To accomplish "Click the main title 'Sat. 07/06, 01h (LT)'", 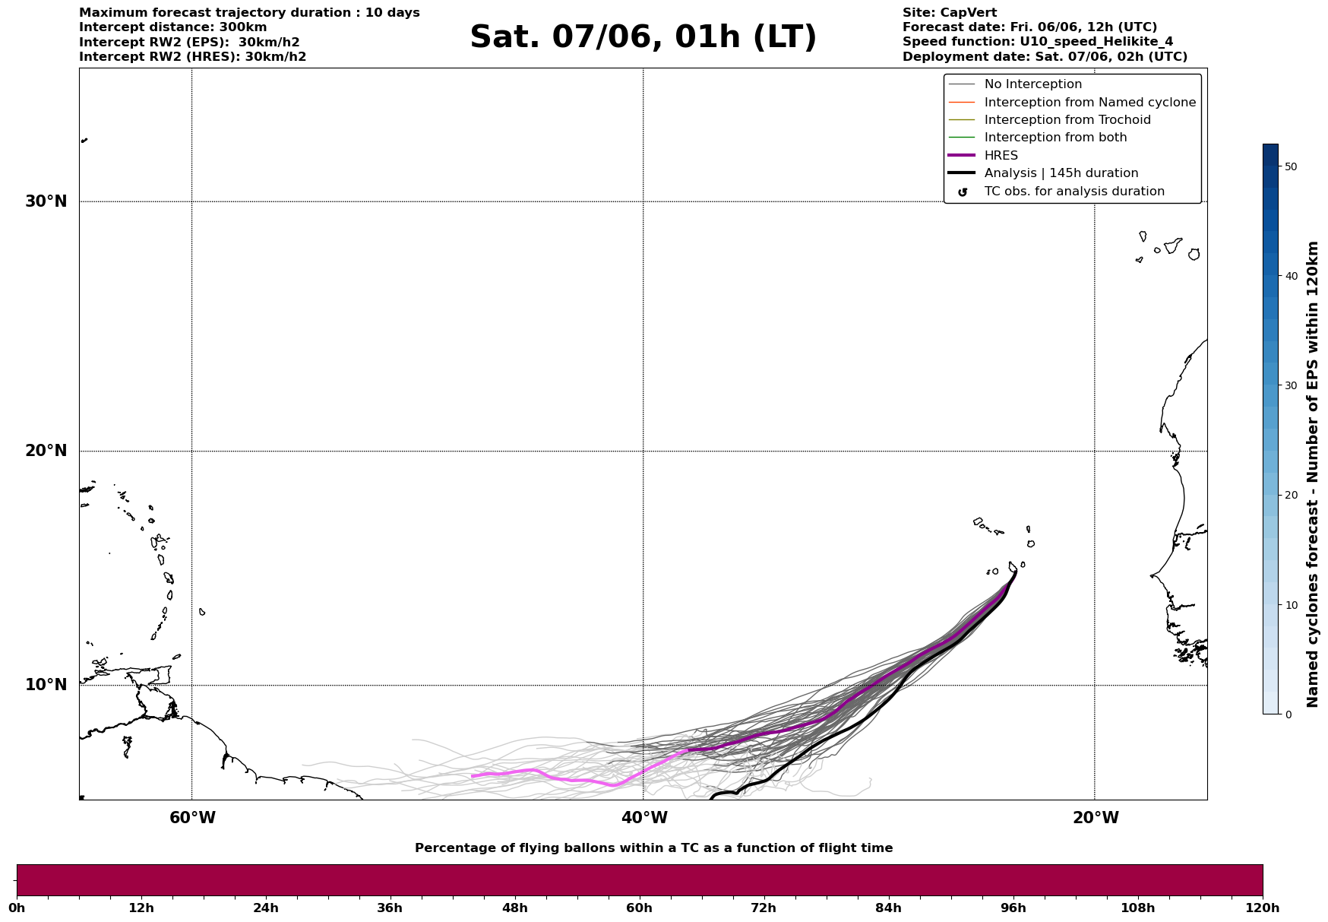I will click(643, 37).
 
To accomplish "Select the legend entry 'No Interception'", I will click(1032, 84).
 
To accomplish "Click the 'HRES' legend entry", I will click(1001, 156).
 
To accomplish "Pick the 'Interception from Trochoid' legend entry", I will click(1067, 120).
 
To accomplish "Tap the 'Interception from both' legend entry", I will click(1055, 138).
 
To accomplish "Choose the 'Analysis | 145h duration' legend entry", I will click(1061, 173).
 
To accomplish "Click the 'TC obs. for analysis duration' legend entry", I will click(1073, 192).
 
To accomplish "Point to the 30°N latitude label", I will click(46, 201).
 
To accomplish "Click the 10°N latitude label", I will click(46, 685).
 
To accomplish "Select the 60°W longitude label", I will click(192, 818).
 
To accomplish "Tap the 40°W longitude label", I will click(644, 818).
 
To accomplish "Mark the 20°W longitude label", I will click(1096, 818).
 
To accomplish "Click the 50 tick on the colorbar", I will click(1290, 166).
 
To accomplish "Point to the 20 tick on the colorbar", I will click(1290, 496).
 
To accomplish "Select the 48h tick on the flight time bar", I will click(514, 908).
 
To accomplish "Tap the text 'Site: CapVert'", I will click(949, 13).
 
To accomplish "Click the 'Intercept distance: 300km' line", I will click(172, 27).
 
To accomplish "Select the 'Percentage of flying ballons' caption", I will click(653, 848).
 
